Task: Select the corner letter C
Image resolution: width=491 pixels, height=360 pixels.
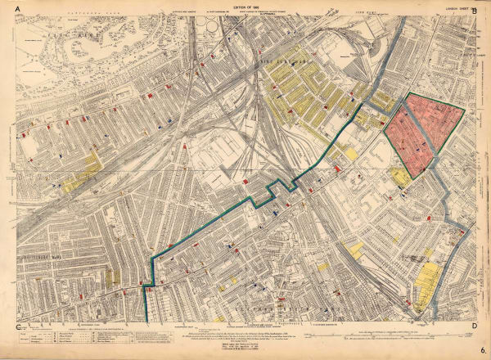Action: point(18,328)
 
